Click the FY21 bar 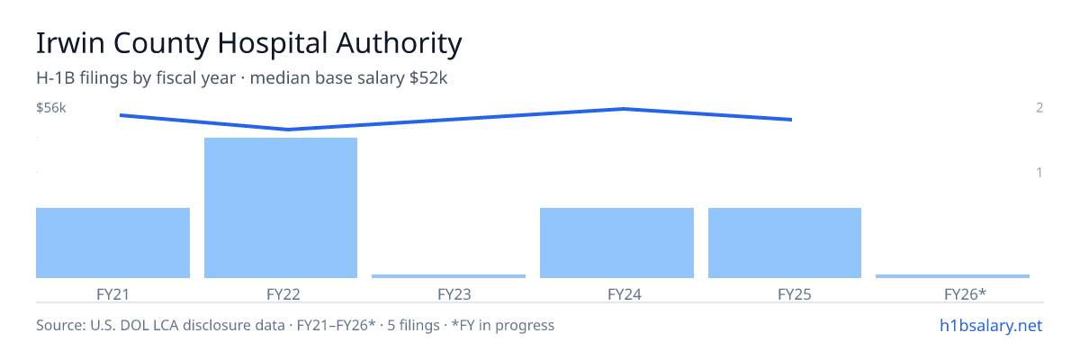[112, 243]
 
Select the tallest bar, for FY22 [281, 208]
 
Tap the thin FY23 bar [448, 276]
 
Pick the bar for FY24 [616, 243]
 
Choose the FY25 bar [785, 243]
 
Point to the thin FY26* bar [952, 276]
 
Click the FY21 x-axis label [112, 294]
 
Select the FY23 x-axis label [454, 294]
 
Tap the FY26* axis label [965, 294]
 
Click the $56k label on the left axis [51, 108]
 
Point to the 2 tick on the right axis [1039, 108]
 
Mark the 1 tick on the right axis [1039, 173]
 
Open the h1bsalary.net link [991, 326]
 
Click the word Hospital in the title [273, 43]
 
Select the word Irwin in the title [70, 43]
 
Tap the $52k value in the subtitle [428, 78]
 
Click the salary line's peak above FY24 [625, 109]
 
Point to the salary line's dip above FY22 [288, 130]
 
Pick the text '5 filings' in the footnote [413, 326]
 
